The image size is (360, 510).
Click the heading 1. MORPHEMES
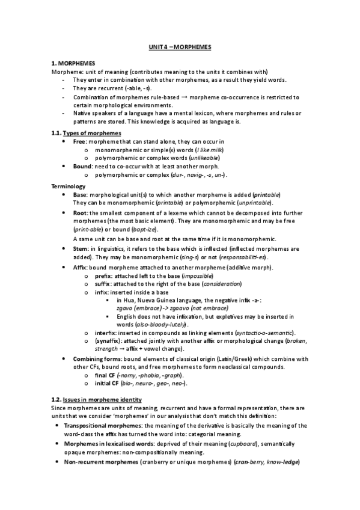point(72,63)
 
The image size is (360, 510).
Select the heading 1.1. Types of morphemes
point(86,133)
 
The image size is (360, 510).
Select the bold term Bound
point(82,166)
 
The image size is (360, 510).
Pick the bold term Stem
point(81,248)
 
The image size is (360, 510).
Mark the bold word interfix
point(106,333)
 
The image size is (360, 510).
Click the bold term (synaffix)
point(109,341)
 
